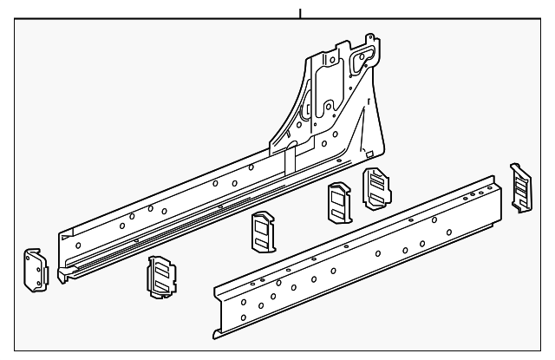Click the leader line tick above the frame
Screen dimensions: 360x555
(x=300, y=13)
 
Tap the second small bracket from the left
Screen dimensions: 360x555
(x=161, y=277)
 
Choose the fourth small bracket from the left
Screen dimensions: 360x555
(x=338, y=205)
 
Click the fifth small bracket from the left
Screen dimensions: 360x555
(x=375, y=187)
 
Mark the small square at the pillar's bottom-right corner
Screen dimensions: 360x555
(x=379, y=140)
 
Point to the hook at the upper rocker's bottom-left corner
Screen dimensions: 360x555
(x=62, y=276)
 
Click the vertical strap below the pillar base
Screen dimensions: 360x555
(x=292, y=159)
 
